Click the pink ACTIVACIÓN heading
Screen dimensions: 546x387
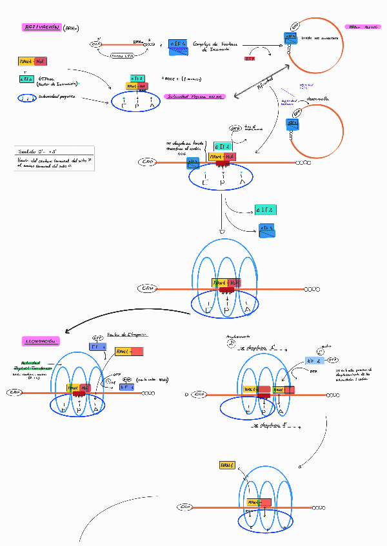(42, 28)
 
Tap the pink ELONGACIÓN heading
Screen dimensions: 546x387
(40, 340)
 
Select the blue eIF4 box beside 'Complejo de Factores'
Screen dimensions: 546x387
(178, 44)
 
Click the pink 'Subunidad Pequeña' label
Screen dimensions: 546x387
(195, 97)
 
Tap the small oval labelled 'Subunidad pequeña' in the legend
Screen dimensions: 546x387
(26, 98)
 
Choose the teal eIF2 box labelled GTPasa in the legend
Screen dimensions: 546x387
(26, 79)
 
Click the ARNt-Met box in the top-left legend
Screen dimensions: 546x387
(32, 61)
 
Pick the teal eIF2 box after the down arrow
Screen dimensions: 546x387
(266, 210)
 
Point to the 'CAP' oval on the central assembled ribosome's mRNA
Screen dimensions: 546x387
(147, 288)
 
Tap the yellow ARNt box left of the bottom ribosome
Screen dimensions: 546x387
(226, 465)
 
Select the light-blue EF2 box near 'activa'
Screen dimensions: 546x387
(314, 361)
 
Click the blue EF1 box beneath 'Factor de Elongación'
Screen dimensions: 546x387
(97, 347)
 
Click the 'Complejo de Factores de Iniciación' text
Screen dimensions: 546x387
(212, 45)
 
